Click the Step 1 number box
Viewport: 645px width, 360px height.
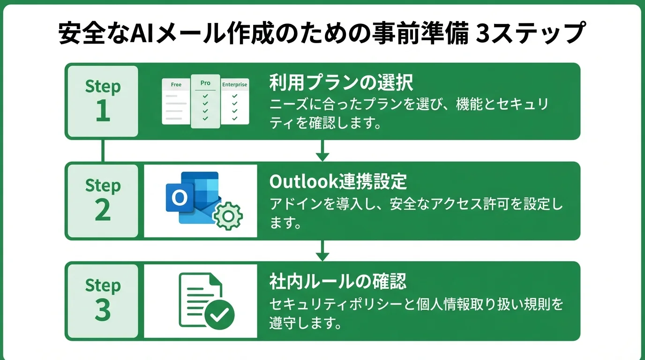click(103, 101)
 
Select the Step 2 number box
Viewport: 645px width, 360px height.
click(103, 201)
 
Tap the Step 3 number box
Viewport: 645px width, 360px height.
click(103, 300)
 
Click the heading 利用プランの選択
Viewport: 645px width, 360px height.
click(341, 83)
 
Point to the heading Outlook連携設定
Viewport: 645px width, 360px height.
click(338, 182)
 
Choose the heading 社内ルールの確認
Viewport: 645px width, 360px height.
click(337, 282)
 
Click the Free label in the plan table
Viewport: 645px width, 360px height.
click(176, 85)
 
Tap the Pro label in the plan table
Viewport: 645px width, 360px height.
click(205, 83)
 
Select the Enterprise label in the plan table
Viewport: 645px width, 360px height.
click(234, 85)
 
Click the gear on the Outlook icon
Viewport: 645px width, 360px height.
click(228, 215)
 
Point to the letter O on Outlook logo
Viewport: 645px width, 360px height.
click(179, 198)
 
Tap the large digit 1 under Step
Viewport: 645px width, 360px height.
click(103, 112)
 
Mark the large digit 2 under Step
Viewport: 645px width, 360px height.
click(103, 211)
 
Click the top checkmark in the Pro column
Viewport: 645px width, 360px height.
click(205, 96)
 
